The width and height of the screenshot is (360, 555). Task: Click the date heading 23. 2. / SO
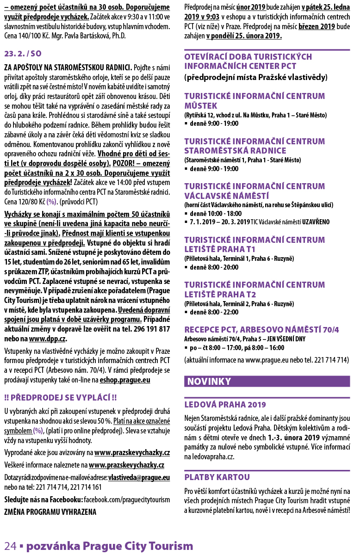(x=23, y=54)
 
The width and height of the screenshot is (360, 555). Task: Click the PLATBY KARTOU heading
(x=217, y=477)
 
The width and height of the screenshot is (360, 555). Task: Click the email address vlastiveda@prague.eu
(x=139, y=477)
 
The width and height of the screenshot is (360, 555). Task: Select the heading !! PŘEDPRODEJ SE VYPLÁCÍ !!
(x=60, y=398)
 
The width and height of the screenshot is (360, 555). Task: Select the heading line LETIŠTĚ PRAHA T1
(x=220, y=249)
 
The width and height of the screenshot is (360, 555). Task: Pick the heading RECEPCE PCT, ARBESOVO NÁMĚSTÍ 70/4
(x=261, y=329)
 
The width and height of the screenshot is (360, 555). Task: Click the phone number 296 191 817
(x=151, y=329)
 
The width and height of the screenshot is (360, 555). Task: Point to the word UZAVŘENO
(x=316, y=222)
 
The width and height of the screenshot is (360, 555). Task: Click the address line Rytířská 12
(x=199, y=114)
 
